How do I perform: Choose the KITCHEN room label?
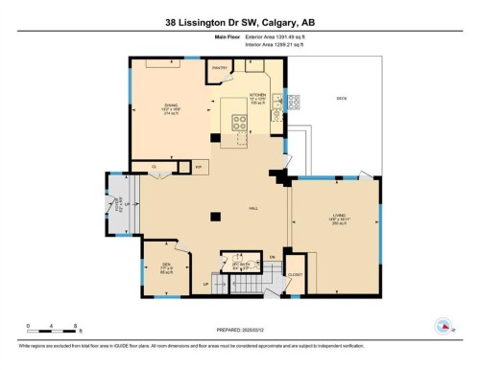pyautogui.click(x=257, y=95)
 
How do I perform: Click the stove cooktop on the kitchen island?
pyautogui.click(x=238, y=122)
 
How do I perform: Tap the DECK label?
pyautogui.click(x=342, y=99)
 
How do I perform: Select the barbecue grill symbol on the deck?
pyautogui.click(x=295, y=100)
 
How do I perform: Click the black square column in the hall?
pyautogui.click(x=217, y=216)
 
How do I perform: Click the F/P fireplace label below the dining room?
pyautogui.click(x=199, y=168)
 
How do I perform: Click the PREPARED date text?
pyautogui.click(x=239, y=326)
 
